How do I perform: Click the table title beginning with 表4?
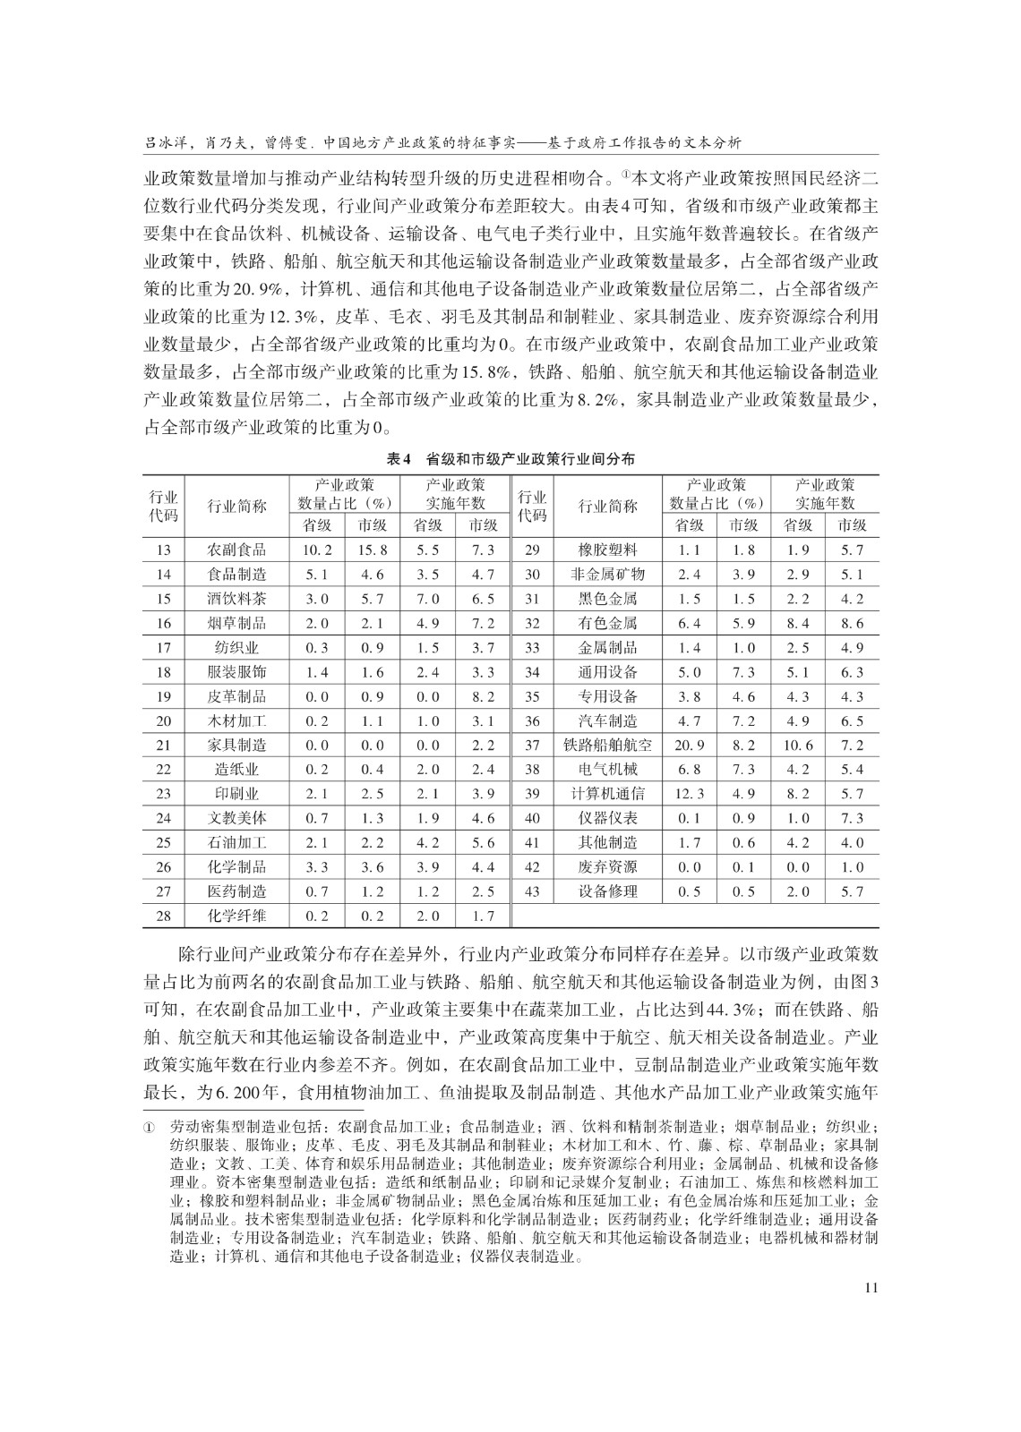click(510, 458)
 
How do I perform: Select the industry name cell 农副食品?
click(236, 550)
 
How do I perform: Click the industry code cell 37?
click(532, 746)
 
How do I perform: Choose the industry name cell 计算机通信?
click(607, 794)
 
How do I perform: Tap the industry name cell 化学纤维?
click(236, 916)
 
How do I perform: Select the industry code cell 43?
click(532, 891)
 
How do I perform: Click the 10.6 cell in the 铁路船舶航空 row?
click(797, 746)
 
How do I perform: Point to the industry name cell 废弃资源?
click(607, 867)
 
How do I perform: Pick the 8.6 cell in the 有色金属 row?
click(852, 624)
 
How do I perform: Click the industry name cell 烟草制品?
click(236, 624)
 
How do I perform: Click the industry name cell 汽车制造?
click(607, 721)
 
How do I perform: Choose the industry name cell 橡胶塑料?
click(607, 550)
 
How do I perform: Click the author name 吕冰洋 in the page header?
click(165, 142)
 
